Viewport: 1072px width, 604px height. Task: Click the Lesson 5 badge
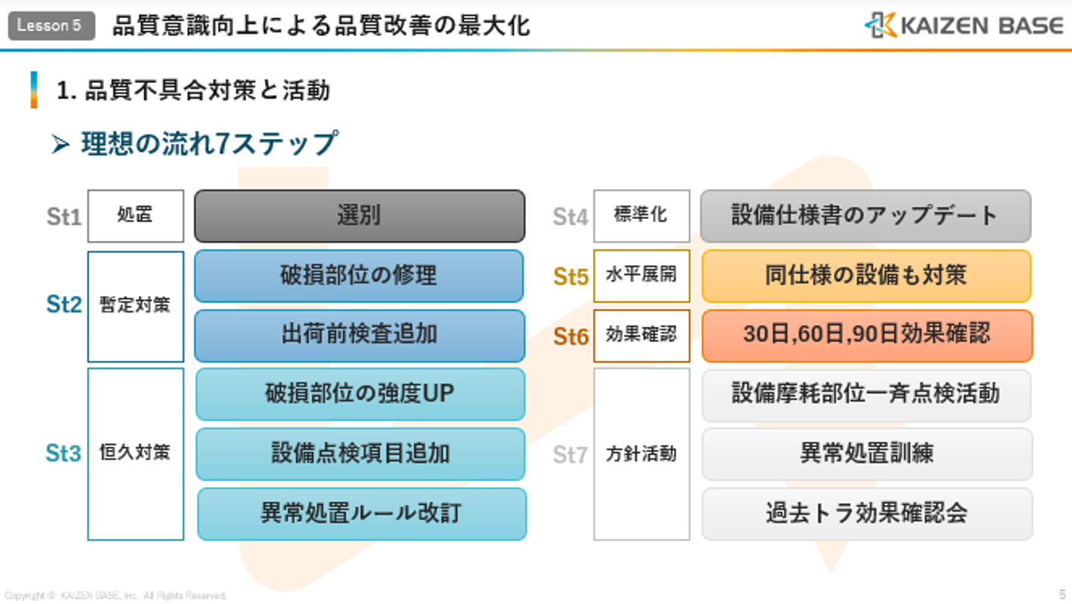pyautogui.click(x=51, y=26)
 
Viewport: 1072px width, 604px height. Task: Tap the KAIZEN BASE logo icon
pyautogui.click(x=881, y=25)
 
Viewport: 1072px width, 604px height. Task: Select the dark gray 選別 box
pyautogui.click(x=359, y=216)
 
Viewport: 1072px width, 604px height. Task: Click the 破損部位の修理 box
pyautogui.click(x=359, y=276)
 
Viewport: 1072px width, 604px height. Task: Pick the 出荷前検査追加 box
pyautogui.click(x=359, y=335)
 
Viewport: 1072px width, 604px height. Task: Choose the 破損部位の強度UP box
pyautogui.click(x=360, y=394)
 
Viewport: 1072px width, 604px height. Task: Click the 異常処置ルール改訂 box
pyautogui.click(x=362, y=514)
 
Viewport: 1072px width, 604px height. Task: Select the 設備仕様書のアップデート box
pyautogui.click(x=866, y=216)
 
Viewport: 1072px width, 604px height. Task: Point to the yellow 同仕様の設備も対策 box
pyautogui.click(x=866, y=276)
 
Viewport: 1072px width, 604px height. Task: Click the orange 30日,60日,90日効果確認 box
pyautogui.click(x=867, y=335)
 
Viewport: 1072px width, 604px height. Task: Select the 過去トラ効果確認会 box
pyautogui.click(x=867, y=514)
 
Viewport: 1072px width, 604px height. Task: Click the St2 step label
pyautogui.click(x=63, y=304)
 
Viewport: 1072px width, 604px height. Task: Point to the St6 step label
pyautogui.click(x=571, y=337)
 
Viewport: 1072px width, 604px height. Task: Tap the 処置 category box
pyautogui.click(x=135, y=216)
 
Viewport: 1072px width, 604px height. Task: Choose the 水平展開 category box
pyautogui.click(x=642, y=276)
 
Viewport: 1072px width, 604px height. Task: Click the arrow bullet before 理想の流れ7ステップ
pyautogui.click(x=60, y=144)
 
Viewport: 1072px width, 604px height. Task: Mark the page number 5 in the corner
pyautogui.click(x=1062, y=594)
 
